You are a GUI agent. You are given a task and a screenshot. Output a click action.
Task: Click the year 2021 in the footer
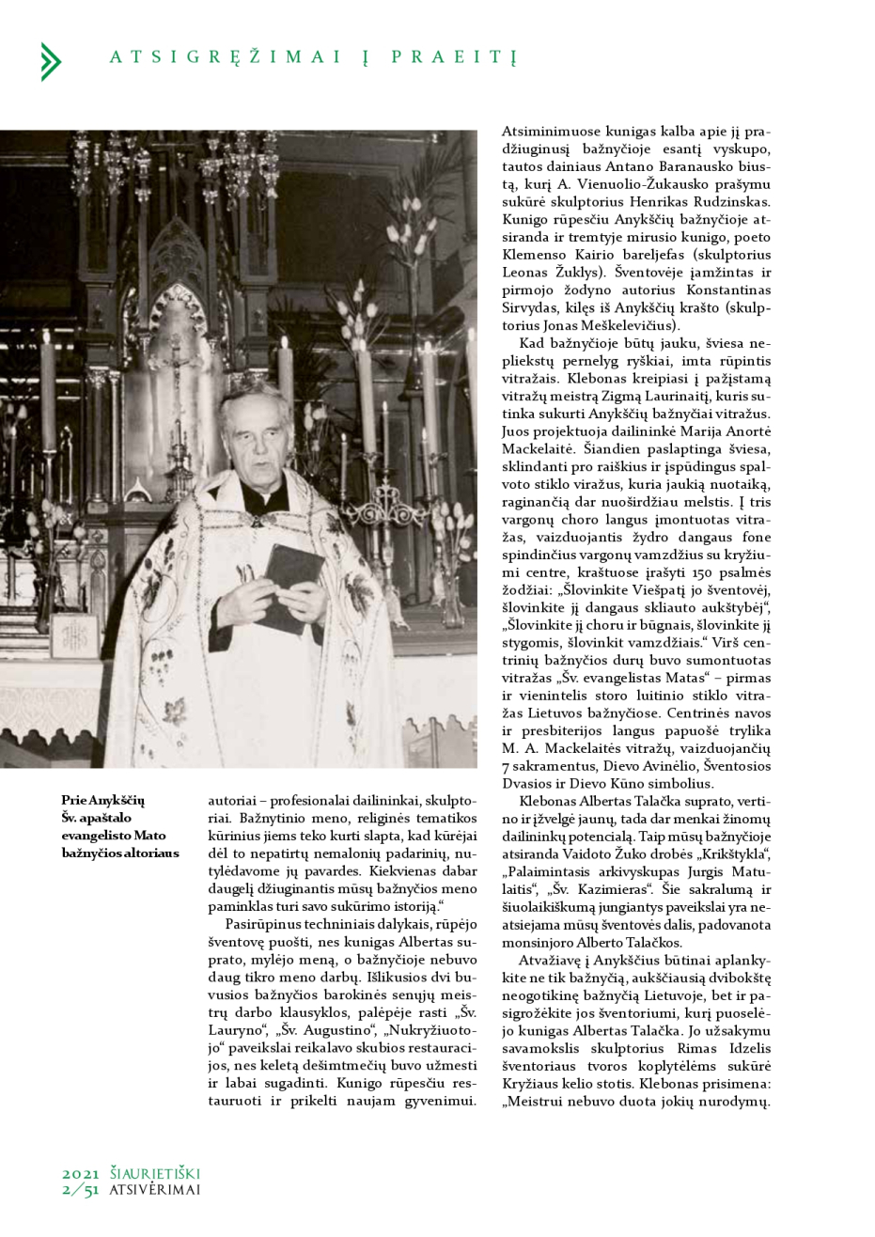(81, 1174)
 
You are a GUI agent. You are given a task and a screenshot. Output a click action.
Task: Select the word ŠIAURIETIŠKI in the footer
(155, 1174)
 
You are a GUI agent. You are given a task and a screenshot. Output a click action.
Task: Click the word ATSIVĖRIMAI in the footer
(155, 1190)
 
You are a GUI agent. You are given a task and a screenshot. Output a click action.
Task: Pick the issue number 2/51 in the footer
(81, 1190)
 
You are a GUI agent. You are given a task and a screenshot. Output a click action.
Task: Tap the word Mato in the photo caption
(149, 835)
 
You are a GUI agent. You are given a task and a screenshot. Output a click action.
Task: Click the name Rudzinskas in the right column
(734, 201)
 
